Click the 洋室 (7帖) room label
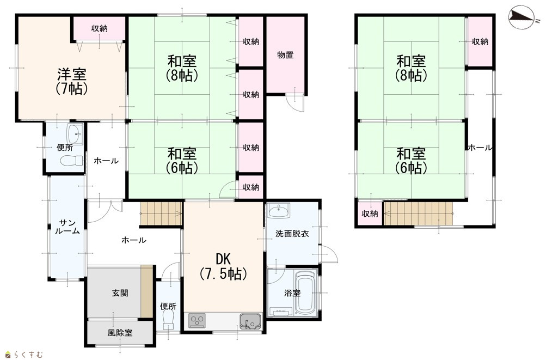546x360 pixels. click(71, 82)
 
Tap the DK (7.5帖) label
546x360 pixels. click(223, 267)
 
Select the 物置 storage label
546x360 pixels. click(285, 54)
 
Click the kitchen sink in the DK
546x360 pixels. click(250, 321)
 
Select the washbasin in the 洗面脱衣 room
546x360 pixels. click(278, 211)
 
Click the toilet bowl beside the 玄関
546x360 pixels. click(168, 320)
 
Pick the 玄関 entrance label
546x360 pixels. click(120, 293)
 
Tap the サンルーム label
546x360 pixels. click(67, 227)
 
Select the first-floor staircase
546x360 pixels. click(161, 213)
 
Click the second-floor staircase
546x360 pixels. click(418, 213)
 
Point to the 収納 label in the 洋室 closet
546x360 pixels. click(99, 28)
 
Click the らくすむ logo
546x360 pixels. click(24, 355)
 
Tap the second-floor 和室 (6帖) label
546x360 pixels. click(411, 161)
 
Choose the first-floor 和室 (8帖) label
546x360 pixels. click(182, 68)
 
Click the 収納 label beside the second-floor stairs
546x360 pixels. click(370, 213)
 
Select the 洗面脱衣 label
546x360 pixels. click(292, 234)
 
